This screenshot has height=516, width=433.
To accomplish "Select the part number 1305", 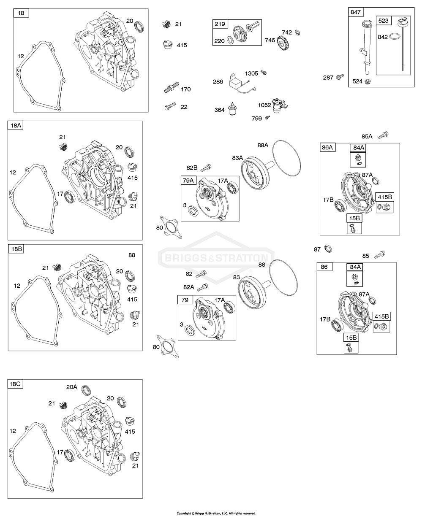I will coord(251,74).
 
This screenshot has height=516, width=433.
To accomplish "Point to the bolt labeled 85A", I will coord(384,135).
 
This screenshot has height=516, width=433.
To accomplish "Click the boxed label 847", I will coord(356,12).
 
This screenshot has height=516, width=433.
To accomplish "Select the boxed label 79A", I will coord(188,181).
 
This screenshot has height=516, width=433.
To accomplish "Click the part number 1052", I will coord(265,105).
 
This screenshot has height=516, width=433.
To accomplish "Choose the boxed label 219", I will coord(220,24).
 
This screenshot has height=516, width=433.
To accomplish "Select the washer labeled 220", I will coord(229,40).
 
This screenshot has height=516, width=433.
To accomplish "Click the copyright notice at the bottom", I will coord(216,513).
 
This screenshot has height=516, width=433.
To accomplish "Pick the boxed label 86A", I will coord(328,147).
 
